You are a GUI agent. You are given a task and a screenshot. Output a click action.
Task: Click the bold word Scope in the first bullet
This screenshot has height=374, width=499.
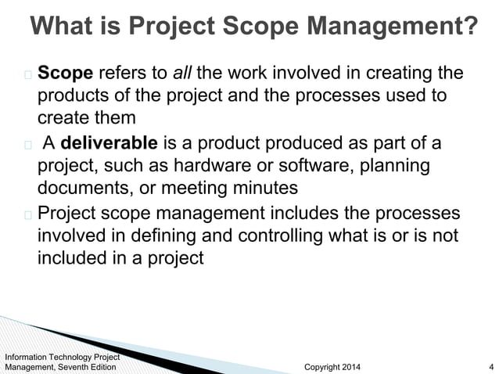tap(66, 74)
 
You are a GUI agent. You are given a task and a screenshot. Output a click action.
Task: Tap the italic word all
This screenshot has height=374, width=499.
tap(182, 74)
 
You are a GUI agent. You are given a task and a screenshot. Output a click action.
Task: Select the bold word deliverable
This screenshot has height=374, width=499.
tap(109, 144)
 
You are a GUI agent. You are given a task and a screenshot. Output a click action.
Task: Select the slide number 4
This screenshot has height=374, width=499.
tap(490, 366)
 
